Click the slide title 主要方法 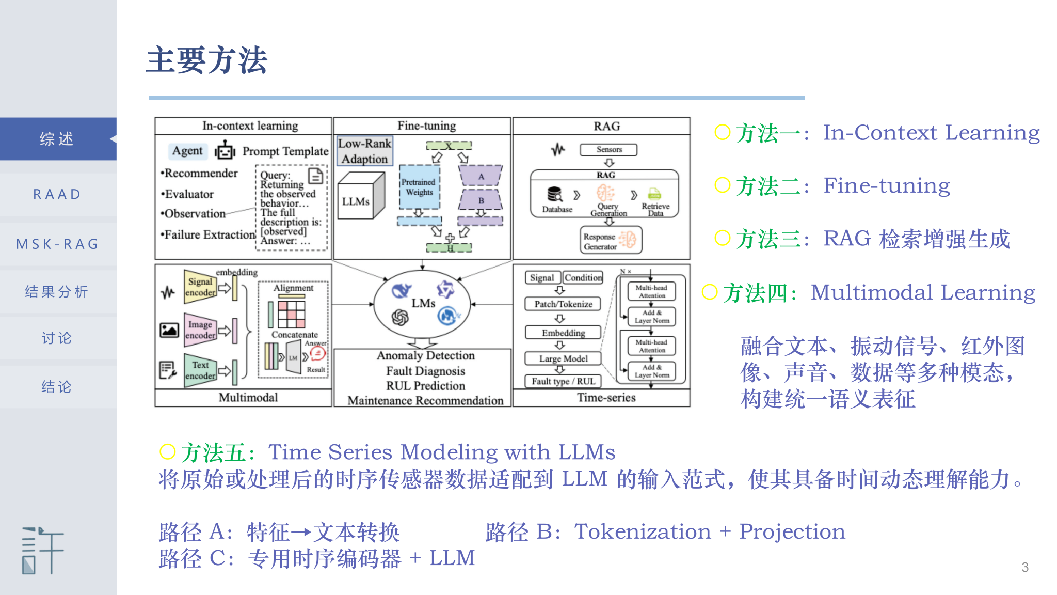point(206,60)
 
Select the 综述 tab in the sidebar point(57,139)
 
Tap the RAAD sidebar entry point(57,194)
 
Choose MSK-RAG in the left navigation point(57,244)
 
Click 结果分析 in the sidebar point(57,292)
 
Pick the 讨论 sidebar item point(57,338)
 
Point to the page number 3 point(1025,567)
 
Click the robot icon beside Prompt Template point(225,151)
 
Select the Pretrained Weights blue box point(419,186)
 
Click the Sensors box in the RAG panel point(608,150)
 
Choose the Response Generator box point(611,240)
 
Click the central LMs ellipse point(422,304)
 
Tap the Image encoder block point(200,330)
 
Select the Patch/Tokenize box point(563,304)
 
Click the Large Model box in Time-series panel point(563,358)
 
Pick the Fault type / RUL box point(563,381)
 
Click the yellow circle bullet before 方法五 point(168,451)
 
